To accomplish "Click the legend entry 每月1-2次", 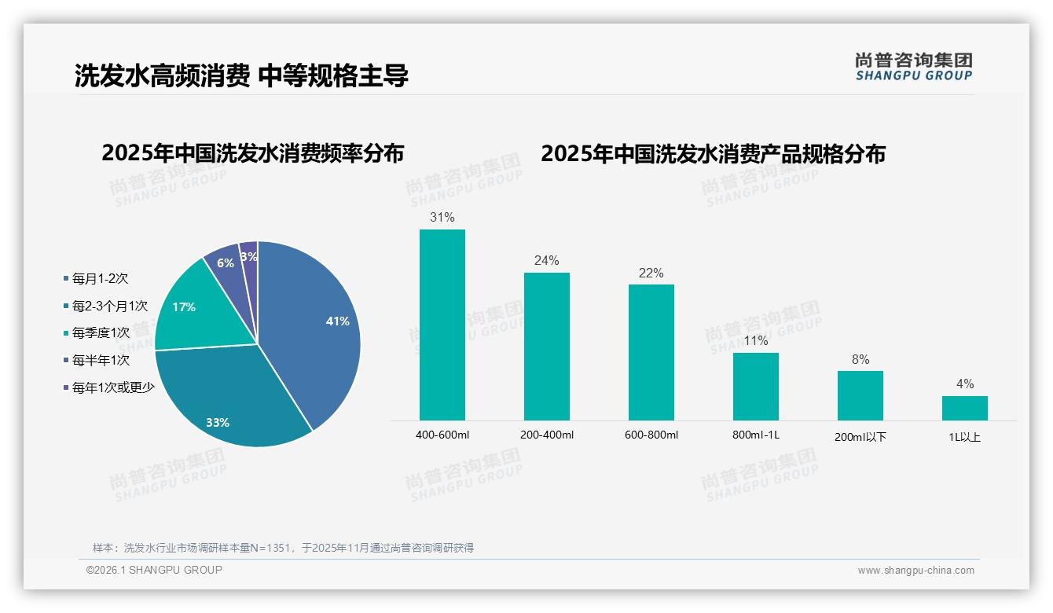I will coord(99,278).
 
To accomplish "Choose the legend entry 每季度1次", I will coord(100,333).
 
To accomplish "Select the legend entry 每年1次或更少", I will coord(112,387).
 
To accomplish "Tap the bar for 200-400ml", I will coord(546,346).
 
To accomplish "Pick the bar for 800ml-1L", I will coord(755,386).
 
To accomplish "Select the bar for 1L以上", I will coord(964,408).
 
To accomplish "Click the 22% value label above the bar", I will coord(651,273).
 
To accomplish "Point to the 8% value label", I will coord(860,360).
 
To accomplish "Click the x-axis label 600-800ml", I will coord(651,435).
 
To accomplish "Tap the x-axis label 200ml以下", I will coord(860,437).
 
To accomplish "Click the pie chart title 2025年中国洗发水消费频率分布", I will coord(252,153).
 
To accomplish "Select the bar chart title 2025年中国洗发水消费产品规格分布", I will coord(713,154).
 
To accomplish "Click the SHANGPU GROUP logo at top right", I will coord(913,67).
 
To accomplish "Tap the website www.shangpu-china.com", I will coord(915,571).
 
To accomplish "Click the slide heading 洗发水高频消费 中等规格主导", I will coord(241,76).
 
